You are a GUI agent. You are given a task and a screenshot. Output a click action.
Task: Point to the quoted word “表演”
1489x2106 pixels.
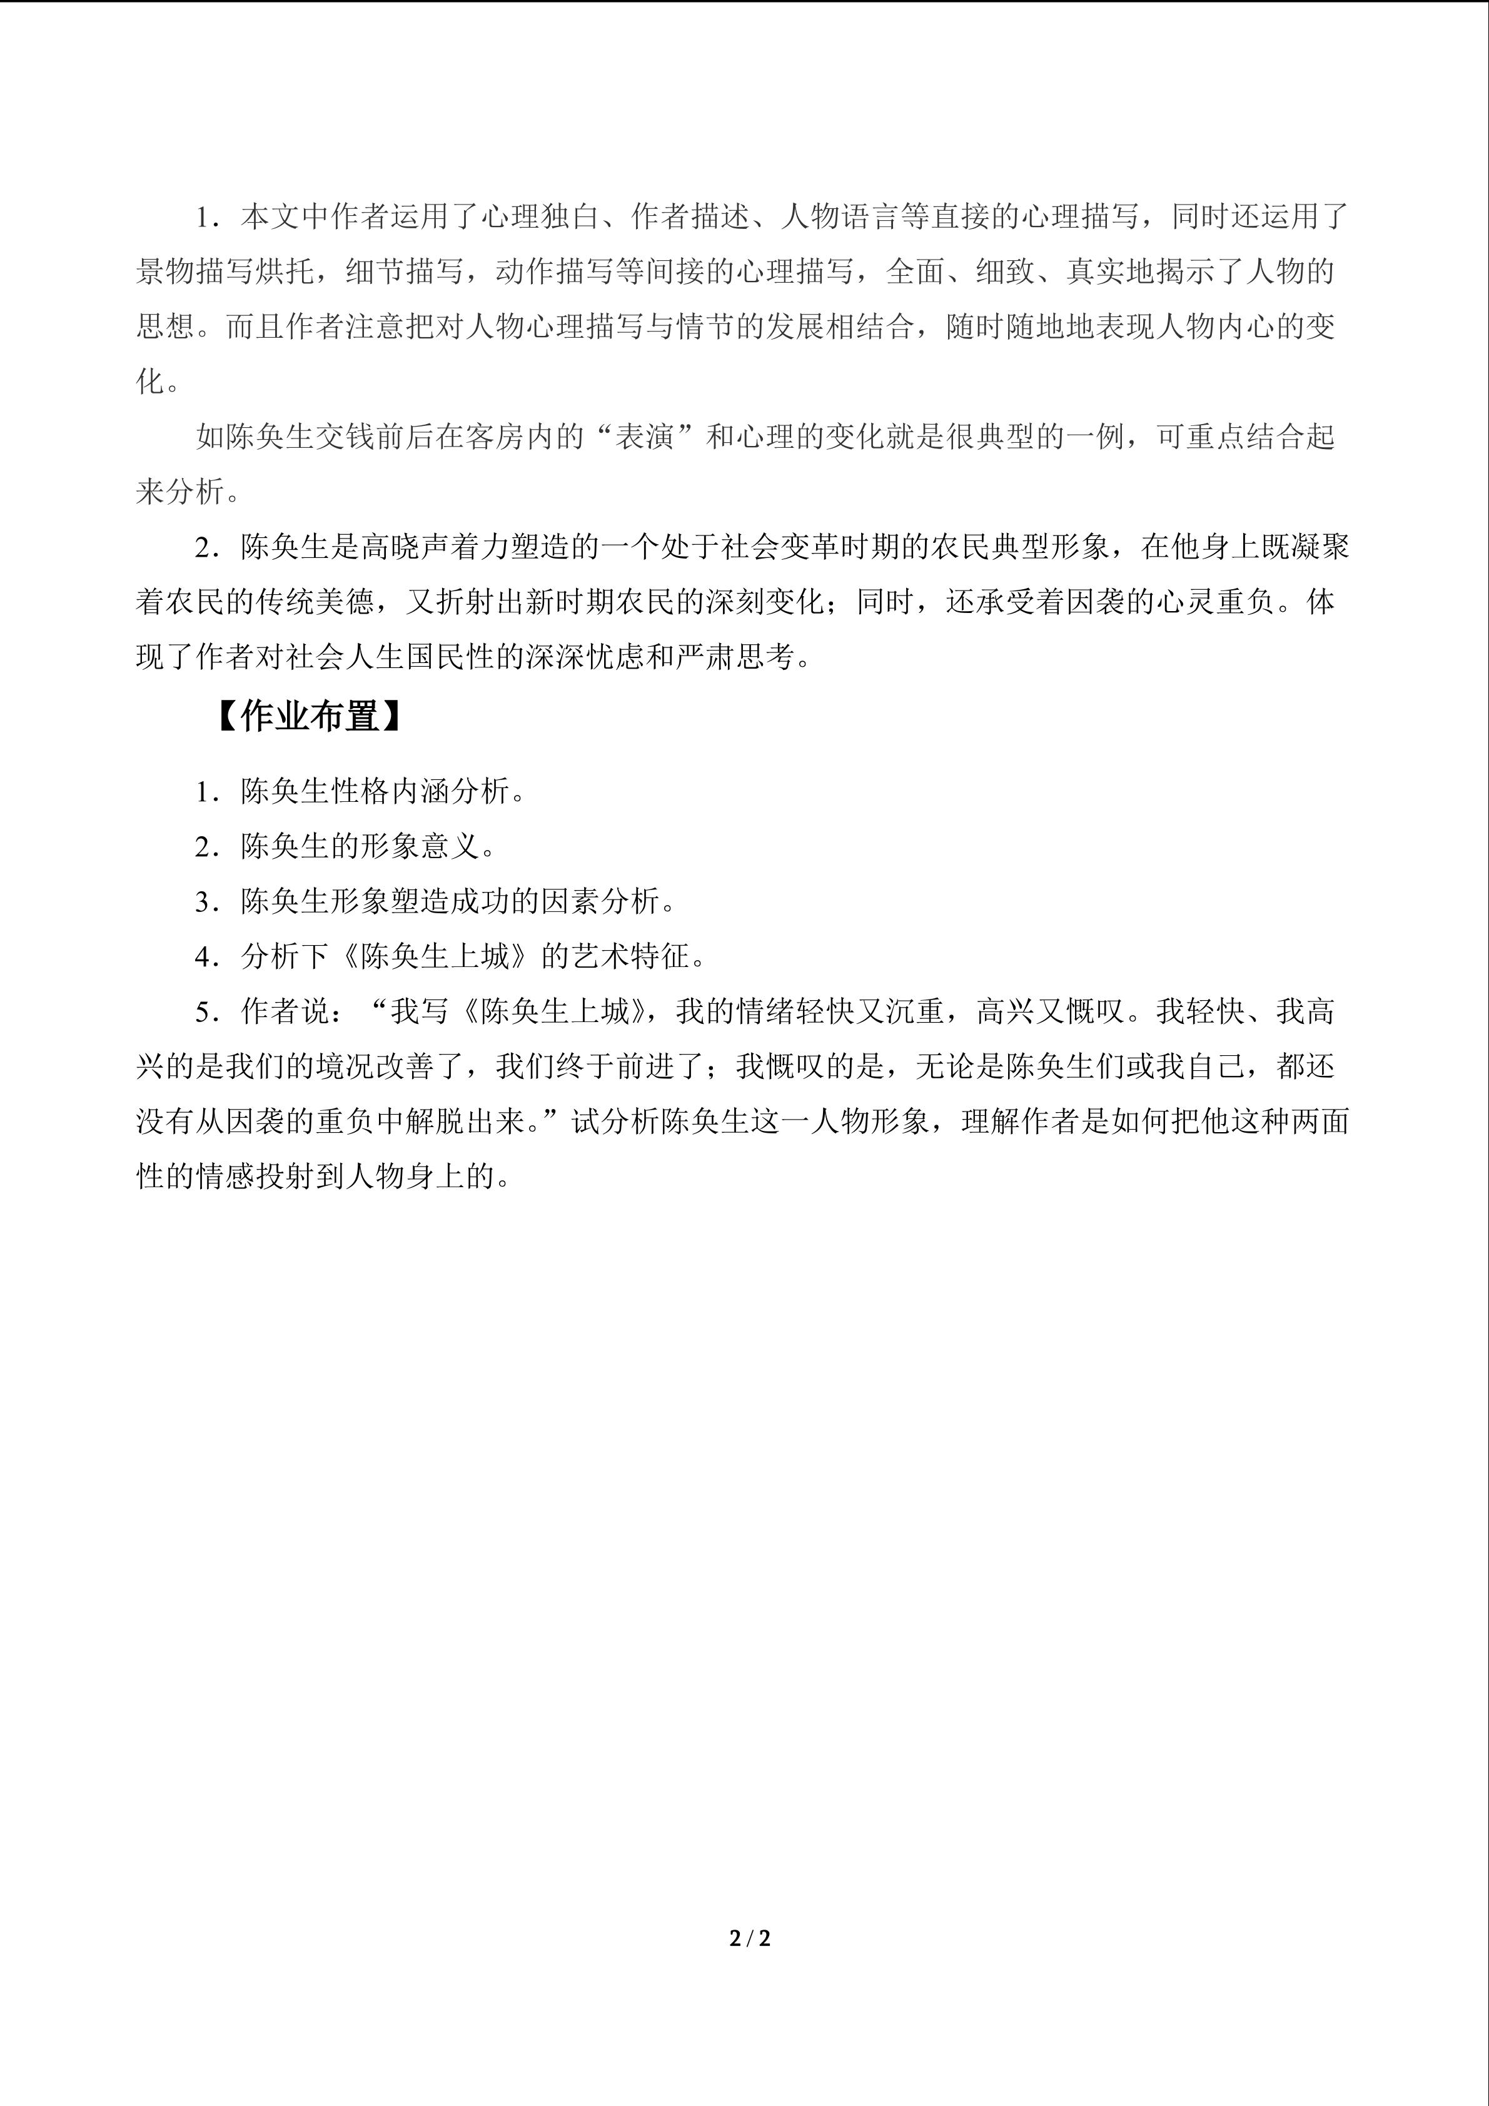click(x=645, y=438)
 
